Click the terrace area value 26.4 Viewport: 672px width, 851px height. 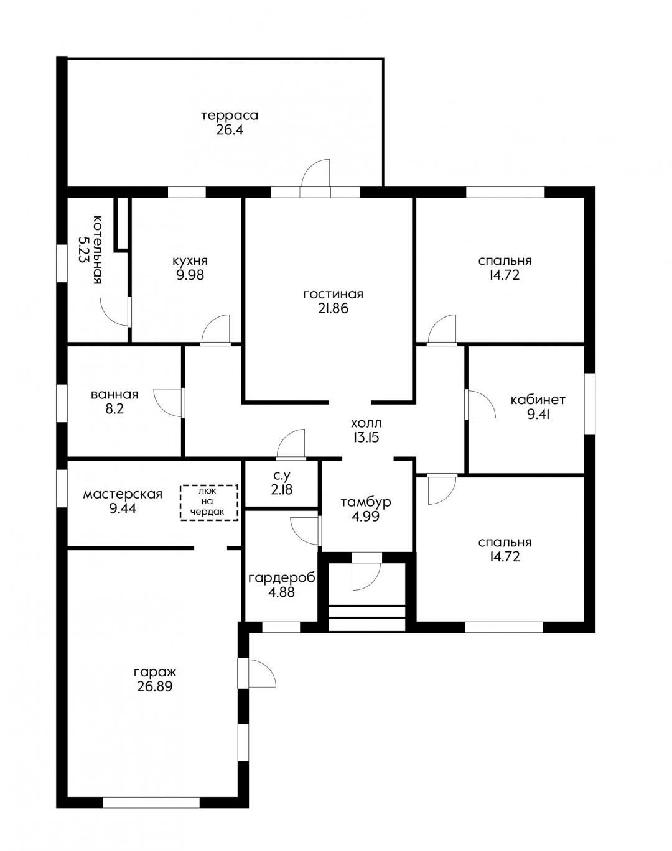[x=229, y=130]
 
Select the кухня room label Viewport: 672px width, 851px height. [x=190, y=261]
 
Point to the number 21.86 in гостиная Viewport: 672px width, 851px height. [x=333, y=309]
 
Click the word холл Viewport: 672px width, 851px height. [x=366, y=423]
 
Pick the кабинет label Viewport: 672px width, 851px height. [x=538, y=400]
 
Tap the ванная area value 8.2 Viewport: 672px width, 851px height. [x=115, y=408]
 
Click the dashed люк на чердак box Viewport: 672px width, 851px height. [x=209, y=502]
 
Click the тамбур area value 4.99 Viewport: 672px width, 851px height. [x=365, y=517]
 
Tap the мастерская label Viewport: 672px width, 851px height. [x=123, y=494]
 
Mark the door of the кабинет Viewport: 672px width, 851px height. [x=480, y=404]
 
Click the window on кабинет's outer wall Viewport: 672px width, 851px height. [x=590, y=403]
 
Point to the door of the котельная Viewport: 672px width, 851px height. [x=116, y=312]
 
